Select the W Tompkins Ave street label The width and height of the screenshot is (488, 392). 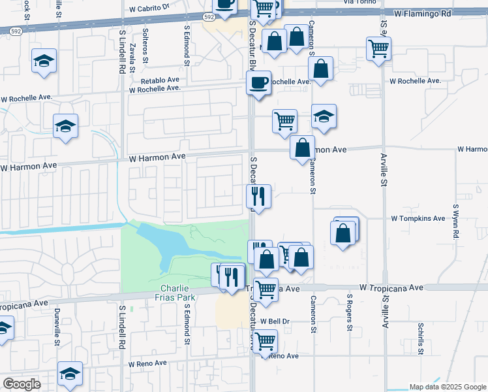pos(417,218)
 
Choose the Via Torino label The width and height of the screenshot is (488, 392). pos(356,3)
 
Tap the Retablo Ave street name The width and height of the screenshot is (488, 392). pos(160,80)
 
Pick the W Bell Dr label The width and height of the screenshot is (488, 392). pos(274,321)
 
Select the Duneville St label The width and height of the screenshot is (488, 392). pos(57,327)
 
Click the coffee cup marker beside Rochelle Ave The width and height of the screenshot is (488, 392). pos(258,83)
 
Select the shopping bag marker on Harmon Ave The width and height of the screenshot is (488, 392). pos(303,148)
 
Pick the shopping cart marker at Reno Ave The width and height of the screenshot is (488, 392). pos(265,341)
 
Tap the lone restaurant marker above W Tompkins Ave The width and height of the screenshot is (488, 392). pos(258,196)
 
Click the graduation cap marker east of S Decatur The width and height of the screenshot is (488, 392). pos(324,116)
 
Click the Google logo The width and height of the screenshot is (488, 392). pos(22,384)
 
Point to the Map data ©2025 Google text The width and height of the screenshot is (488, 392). pos(448,387)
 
